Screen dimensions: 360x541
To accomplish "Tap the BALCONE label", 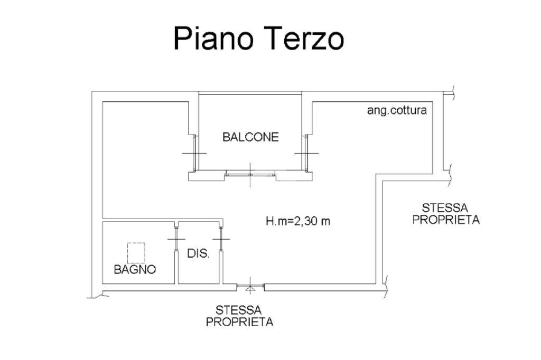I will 250,138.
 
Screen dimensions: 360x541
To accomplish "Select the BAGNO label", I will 135,270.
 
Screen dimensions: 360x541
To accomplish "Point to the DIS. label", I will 199,254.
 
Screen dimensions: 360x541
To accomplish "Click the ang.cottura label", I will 397,111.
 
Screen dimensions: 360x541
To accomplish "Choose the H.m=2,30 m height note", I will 297,221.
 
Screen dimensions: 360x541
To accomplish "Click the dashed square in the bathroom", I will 136,253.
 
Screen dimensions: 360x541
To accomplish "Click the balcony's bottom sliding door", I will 250,173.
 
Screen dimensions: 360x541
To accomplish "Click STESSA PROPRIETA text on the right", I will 446,214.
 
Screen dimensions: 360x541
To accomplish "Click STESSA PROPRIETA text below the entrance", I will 240,316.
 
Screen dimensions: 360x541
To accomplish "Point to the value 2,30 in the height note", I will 309,221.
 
